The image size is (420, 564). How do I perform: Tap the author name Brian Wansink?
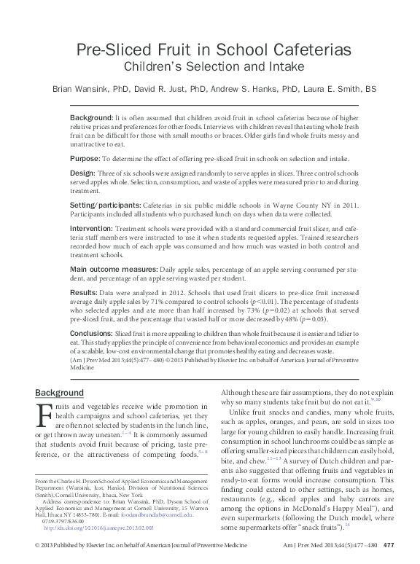[80, 90]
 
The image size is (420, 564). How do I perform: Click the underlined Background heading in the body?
[60, 393]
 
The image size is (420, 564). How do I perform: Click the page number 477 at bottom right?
[389, 545]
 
